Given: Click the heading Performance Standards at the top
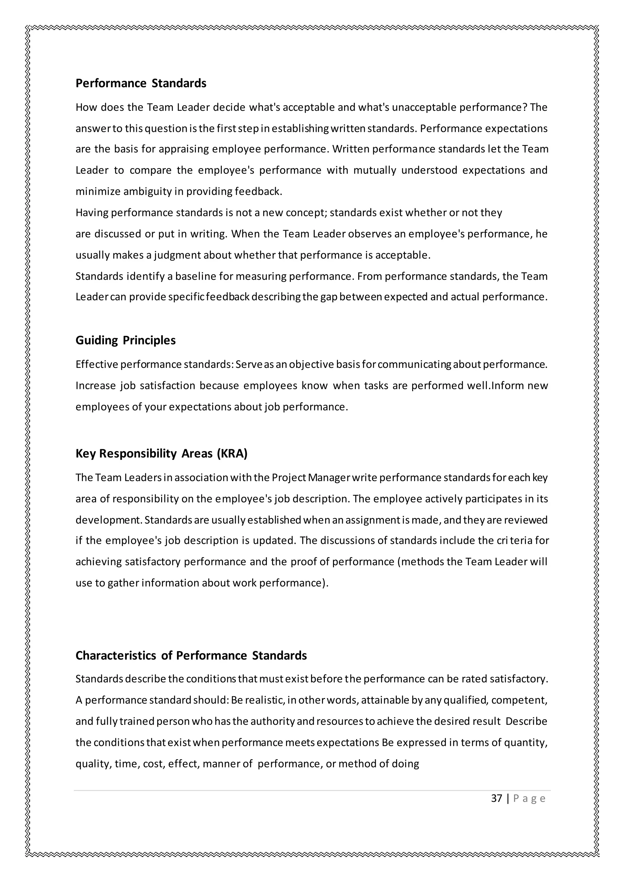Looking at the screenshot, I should pos(141,83).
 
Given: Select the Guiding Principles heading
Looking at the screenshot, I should pos(125,340).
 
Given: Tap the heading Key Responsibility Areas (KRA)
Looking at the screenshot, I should pos(161,454).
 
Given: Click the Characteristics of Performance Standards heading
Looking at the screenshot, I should pos(191,655).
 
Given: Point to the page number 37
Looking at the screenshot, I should pos(496,799).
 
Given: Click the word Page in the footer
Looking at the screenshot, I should pos(529,799).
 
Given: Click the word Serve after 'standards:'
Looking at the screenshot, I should pos(249,365).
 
